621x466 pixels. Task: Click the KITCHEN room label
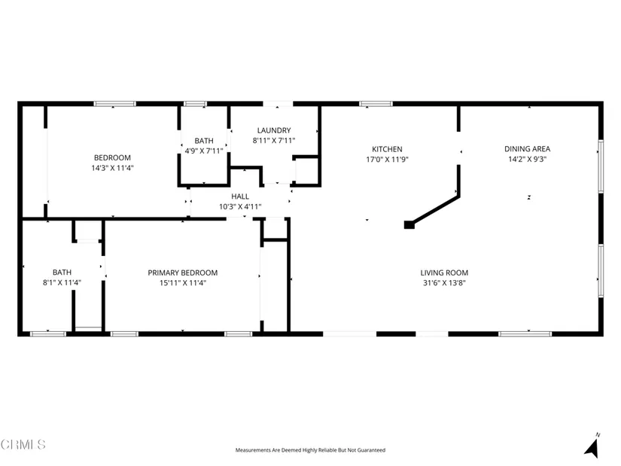387,149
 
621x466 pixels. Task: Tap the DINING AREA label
527,149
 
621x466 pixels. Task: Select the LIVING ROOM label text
444,273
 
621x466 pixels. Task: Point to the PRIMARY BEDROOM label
183,273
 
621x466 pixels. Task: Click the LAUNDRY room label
274,130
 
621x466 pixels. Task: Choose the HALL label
240,196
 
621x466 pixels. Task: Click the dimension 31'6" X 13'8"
444,283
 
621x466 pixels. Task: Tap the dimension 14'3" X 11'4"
112,168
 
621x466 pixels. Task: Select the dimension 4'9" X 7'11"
204,151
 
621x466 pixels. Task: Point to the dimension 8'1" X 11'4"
62,283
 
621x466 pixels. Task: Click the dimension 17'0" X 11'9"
387,160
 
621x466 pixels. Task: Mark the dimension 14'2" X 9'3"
527,160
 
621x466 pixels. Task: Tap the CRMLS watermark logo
23,444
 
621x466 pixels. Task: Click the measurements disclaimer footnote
310,450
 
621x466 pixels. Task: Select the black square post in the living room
409,224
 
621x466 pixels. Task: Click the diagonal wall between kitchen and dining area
436,209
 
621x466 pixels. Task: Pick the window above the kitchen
376,104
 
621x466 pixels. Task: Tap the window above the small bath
195,104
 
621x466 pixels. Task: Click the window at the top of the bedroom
115,104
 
